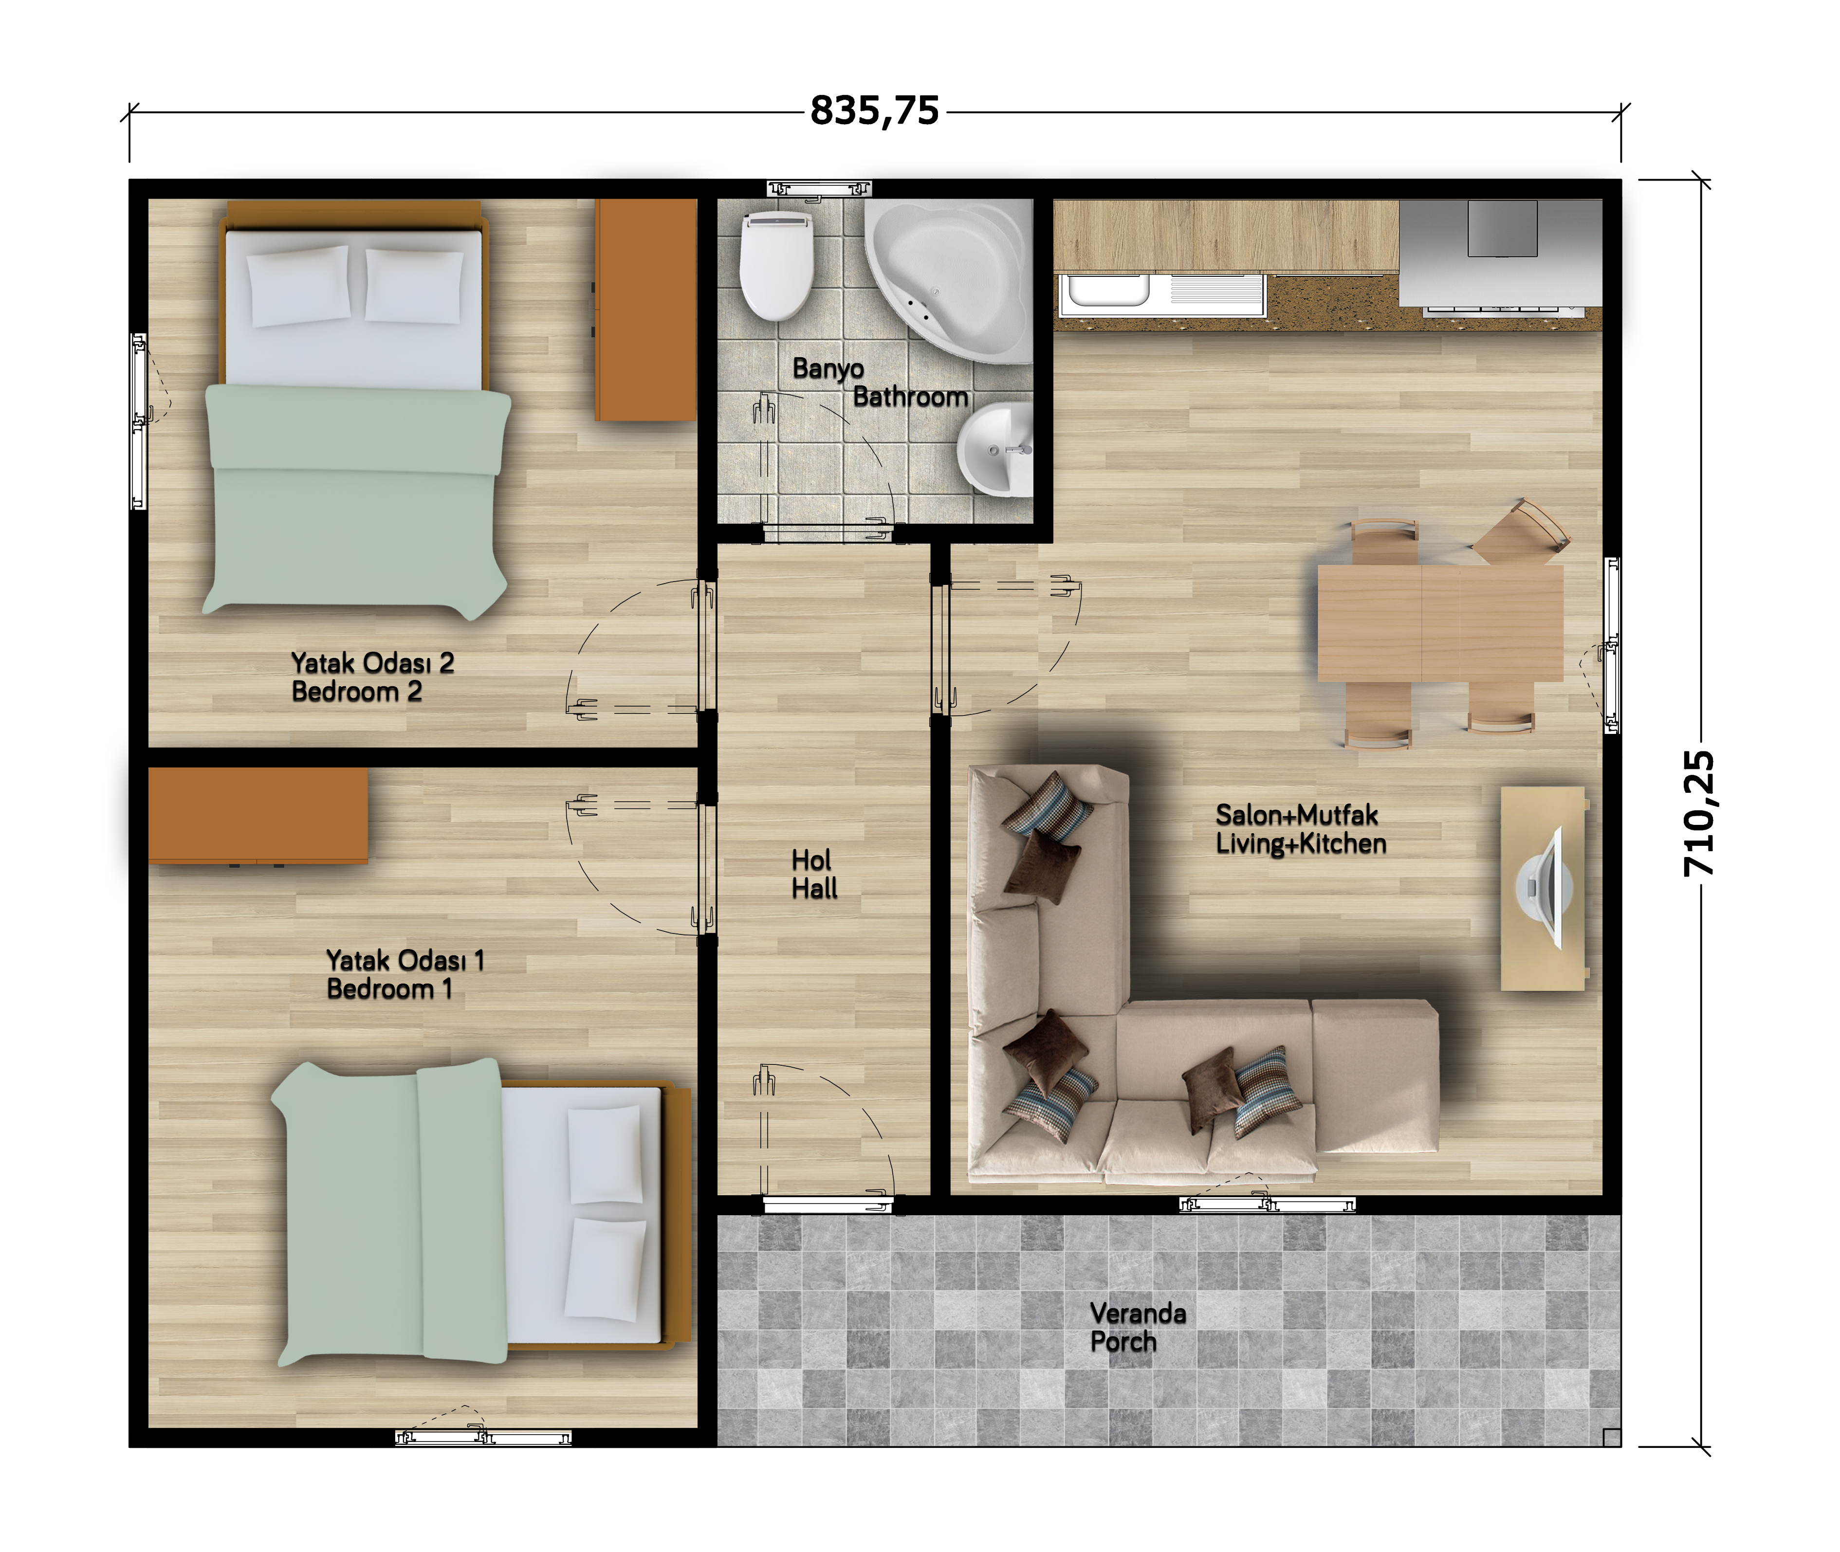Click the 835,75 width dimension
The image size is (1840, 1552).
click(x=875, y=111)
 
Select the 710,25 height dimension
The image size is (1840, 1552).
click(x=1698, y=814)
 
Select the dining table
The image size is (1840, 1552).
click(x=1439, y=623)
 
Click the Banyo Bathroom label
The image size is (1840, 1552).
click(x=880, y=383)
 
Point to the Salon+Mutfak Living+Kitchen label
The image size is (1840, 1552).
click(x=1301, y=829)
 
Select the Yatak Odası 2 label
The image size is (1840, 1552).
click(x=372, y=662)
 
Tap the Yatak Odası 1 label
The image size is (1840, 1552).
click(x=405, y=960)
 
